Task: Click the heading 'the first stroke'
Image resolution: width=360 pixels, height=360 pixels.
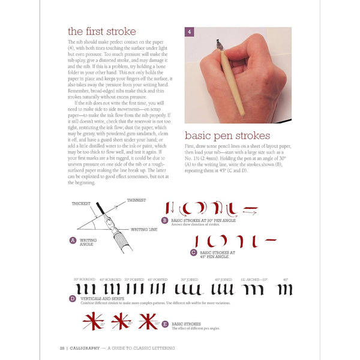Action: tap(101, 31)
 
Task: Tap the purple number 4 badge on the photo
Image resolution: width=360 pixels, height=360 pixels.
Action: tap(190, 32)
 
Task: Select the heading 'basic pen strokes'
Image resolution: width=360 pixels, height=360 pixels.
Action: tap(227, 136)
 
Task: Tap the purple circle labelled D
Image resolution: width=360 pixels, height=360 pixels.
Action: tap(73, 299)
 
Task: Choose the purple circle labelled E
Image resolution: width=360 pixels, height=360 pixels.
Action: tap(165, 324)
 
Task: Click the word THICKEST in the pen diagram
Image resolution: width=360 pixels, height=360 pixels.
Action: tap(81, 203)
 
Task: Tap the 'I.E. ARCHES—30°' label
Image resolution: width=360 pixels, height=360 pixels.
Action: tap(254, 279)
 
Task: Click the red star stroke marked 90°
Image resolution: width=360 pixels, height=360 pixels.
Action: tap(147, 322)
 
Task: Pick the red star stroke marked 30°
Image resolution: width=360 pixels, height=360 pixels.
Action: tap(92, 322)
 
